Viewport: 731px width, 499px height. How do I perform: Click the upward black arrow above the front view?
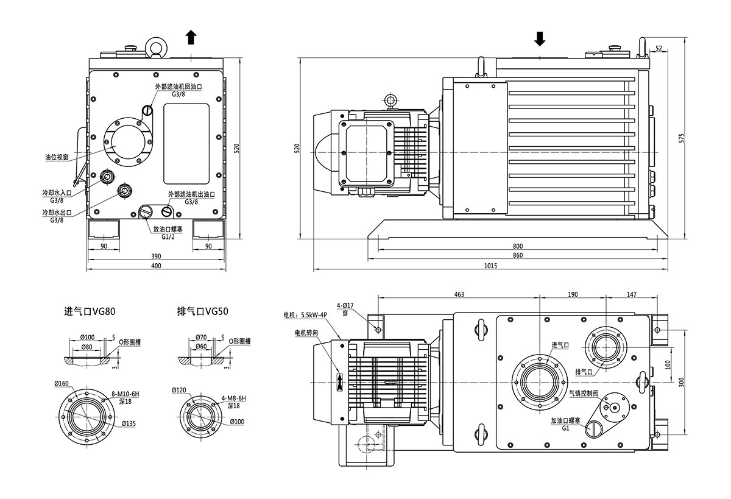click(191, 38)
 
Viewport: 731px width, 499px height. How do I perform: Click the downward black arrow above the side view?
click(540, 39)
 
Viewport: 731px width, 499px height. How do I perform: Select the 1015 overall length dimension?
click(491, 265)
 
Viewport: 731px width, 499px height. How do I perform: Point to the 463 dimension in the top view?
click(459, 294)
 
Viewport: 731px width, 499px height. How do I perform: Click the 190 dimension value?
click(573, 294)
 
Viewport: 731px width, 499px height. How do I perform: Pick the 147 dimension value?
click(631, 294)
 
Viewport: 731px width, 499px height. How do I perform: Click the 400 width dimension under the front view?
click(157, 266)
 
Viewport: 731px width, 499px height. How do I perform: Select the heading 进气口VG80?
click(90, 311)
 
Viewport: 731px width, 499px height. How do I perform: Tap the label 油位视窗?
click(56, 157)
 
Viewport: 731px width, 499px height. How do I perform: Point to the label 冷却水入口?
click(57, 193)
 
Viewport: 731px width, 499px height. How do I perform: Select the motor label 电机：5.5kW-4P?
click(305, 316)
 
